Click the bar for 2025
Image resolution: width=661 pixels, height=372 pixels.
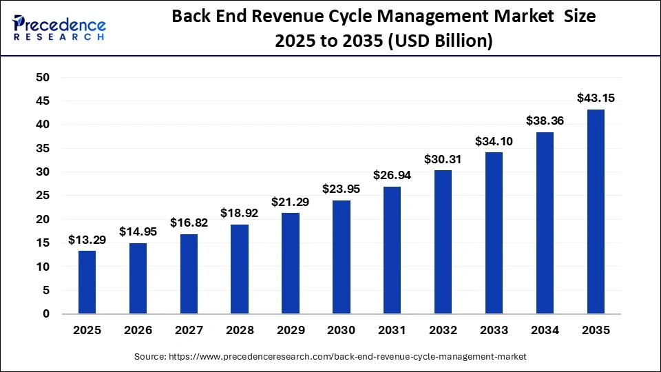pyautogui.click(x=87, y=282)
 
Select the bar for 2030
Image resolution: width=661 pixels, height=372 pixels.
pyautogui.click(x=342, y=257)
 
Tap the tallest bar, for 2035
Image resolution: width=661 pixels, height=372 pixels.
pyautogui.click(x=596, y=211)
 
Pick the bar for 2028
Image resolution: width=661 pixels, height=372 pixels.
pyautogui.click(x=240, y=269)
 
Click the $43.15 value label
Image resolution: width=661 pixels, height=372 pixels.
pyautogui.click(x=596, y=98)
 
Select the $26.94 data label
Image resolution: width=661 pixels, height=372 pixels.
pyautogui.click(x=392, y=175)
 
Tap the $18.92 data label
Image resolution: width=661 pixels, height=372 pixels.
pyautogui.click(x=240, y=213)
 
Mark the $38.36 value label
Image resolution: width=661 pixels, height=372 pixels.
pyautogui.click(x=545, y=121)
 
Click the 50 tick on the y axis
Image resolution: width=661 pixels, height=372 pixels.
pyautogui.click(x=43, y=78)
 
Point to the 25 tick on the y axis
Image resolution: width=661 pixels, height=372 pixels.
pyautogui.click(x=43, y=196)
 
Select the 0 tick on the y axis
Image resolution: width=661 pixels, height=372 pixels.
pyautogui.click(x=46, y=314)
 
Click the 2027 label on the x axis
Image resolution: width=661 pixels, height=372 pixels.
pyautogui.click(x=189, y=331)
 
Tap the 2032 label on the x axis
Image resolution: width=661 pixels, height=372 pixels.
pyautogui.click(x=443, y=331)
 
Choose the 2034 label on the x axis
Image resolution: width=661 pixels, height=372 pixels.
pyautogui.click(x=545, y=331)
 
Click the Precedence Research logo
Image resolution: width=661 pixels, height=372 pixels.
pyautogui.click(x=59, y=28)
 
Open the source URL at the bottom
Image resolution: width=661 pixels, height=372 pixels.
pyautogui.click(x=330, y=356)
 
